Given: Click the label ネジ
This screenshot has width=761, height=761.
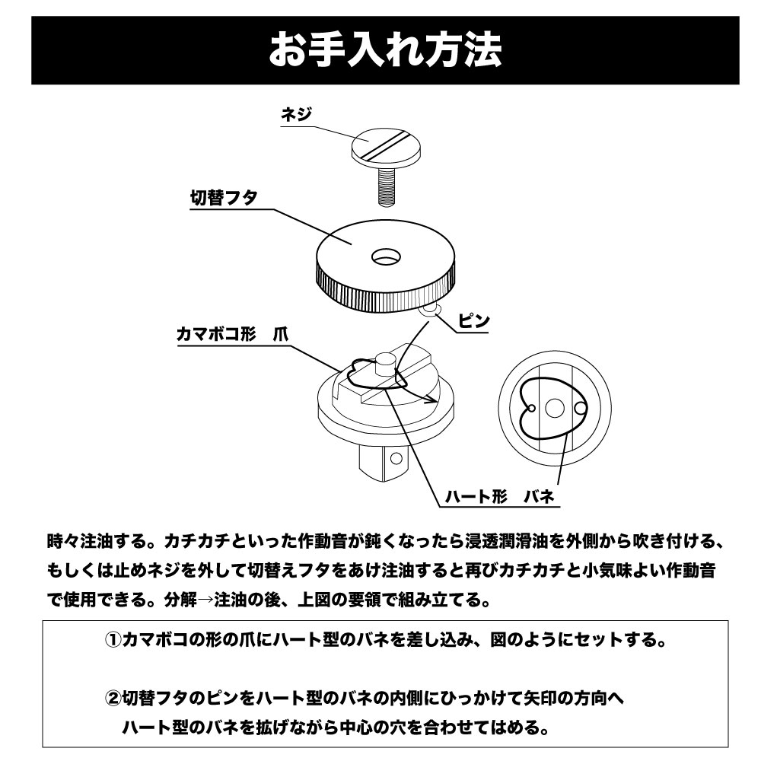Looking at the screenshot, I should coord(298,115).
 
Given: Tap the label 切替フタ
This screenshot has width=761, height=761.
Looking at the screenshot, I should coord(223,196).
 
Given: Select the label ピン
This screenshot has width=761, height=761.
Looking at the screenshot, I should coord(473,322).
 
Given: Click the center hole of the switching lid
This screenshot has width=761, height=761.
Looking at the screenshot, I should coord(386,257).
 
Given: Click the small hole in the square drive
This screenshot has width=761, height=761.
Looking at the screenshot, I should coord(394,460).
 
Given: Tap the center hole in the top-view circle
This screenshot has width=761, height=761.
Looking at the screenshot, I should coord(553,409).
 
